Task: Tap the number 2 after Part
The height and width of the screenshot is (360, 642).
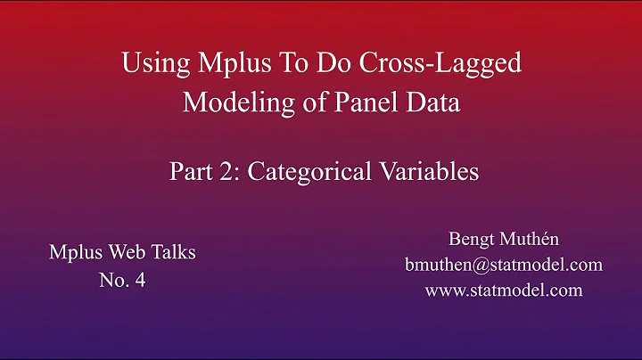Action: coord(223,171)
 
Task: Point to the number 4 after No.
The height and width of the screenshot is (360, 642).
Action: coord(140,279)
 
